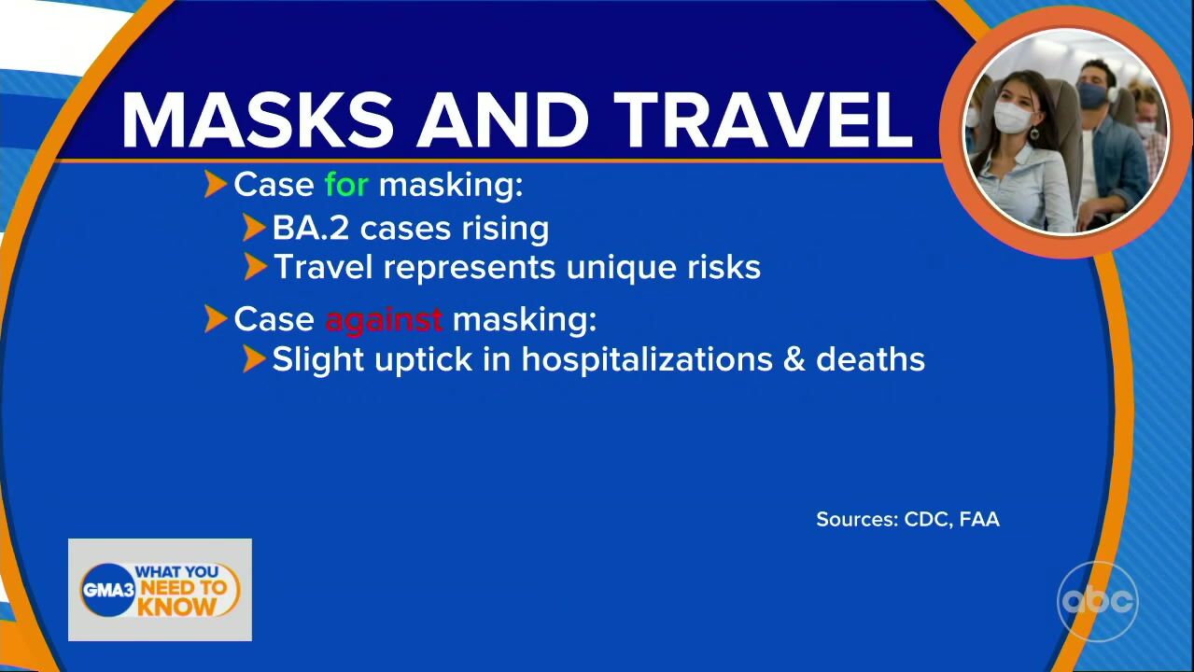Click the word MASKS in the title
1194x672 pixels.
(258, 119)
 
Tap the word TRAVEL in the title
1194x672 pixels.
(766, 119)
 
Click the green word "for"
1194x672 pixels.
(346, 185)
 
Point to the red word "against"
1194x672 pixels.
(384, 320)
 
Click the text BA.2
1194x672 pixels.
(311, 229)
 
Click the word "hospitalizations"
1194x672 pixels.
(647, 359)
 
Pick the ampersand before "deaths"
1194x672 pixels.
(794, 359)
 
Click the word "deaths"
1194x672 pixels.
(870, 358)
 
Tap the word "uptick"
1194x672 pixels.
(424, 359)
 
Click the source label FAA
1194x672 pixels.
(979, 519)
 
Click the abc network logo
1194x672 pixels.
(1098, 601)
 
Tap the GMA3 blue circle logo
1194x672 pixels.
(107, 590)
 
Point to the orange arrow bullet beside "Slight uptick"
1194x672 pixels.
(254, 358)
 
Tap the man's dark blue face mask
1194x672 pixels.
(1091, 96)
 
